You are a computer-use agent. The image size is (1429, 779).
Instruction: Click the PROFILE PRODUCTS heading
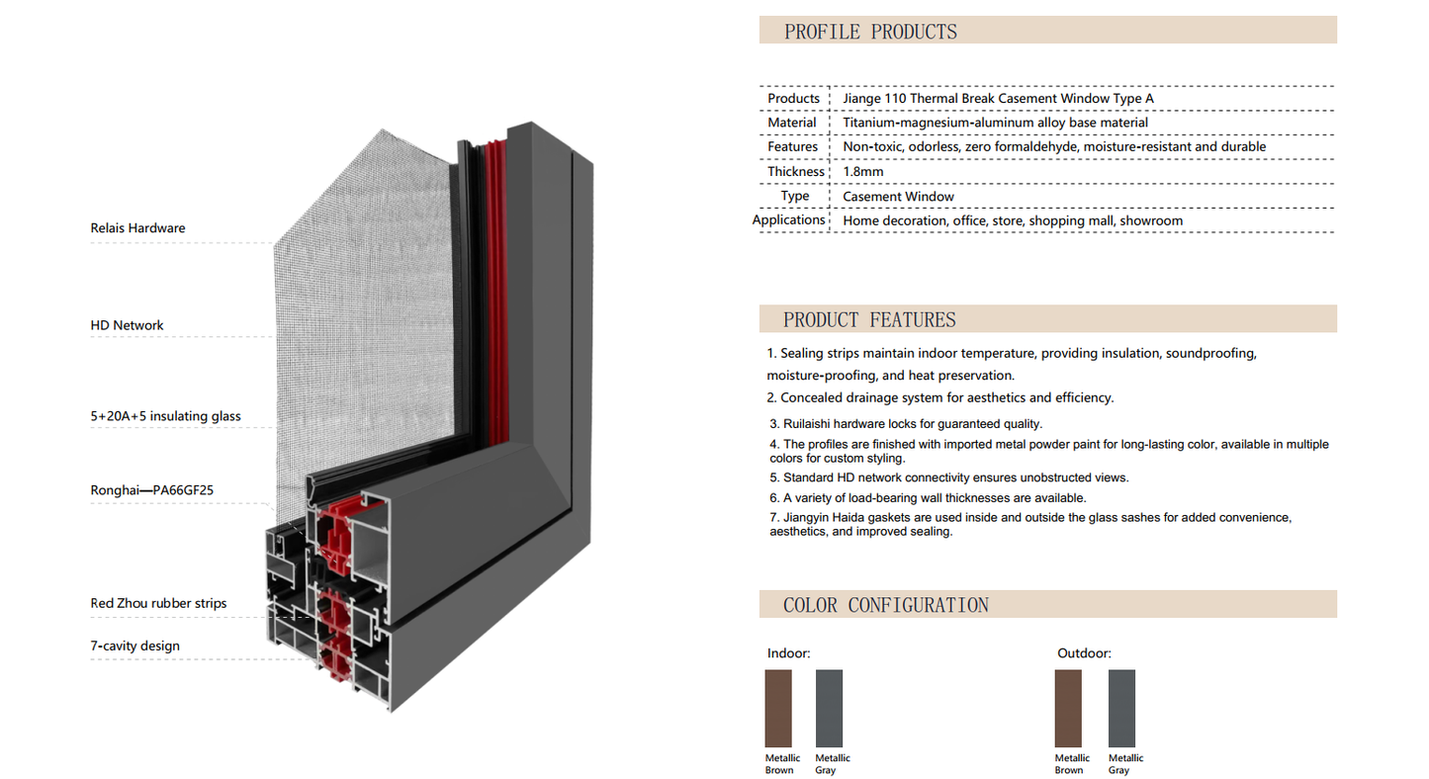click(x=870, y=32)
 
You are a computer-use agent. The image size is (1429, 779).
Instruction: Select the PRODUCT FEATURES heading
click(x=869, y=319)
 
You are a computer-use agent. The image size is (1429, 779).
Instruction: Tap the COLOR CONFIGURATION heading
click(x=885, y=605)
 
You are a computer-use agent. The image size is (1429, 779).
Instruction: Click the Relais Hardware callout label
click(x=137, y=228)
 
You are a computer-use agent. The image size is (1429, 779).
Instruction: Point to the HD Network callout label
click(x=127, y=325)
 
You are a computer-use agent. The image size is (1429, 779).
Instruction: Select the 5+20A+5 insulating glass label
click(x=165, y=416)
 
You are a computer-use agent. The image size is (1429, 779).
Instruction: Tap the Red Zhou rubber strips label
click(x=158, y=603)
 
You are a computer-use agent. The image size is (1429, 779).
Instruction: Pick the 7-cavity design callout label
click(x=134, y=647)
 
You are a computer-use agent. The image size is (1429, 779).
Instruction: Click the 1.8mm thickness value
click(x=862, y=172)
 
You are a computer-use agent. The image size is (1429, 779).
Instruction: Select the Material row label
click(x=792, y=123)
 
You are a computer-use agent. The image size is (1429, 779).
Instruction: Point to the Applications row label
click(x=789, y=219)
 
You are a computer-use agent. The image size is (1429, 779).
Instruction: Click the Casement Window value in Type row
click(x=898, y=197)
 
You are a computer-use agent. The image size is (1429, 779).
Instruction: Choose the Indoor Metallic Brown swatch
click(x=778, y=708)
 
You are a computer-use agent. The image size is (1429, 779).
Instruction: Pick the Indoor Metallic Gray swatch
click(x=829, y=708)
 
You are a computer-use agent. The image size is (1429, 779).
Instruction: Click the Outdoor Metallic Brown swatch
click(x=1068, y=708)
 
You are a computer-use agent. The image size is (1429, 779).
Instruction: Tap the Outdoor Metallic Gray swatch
click(x=1121, y=708)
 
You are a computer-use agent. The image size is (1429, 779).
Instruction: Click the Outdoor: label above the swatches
click(x=1084, y=653)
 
